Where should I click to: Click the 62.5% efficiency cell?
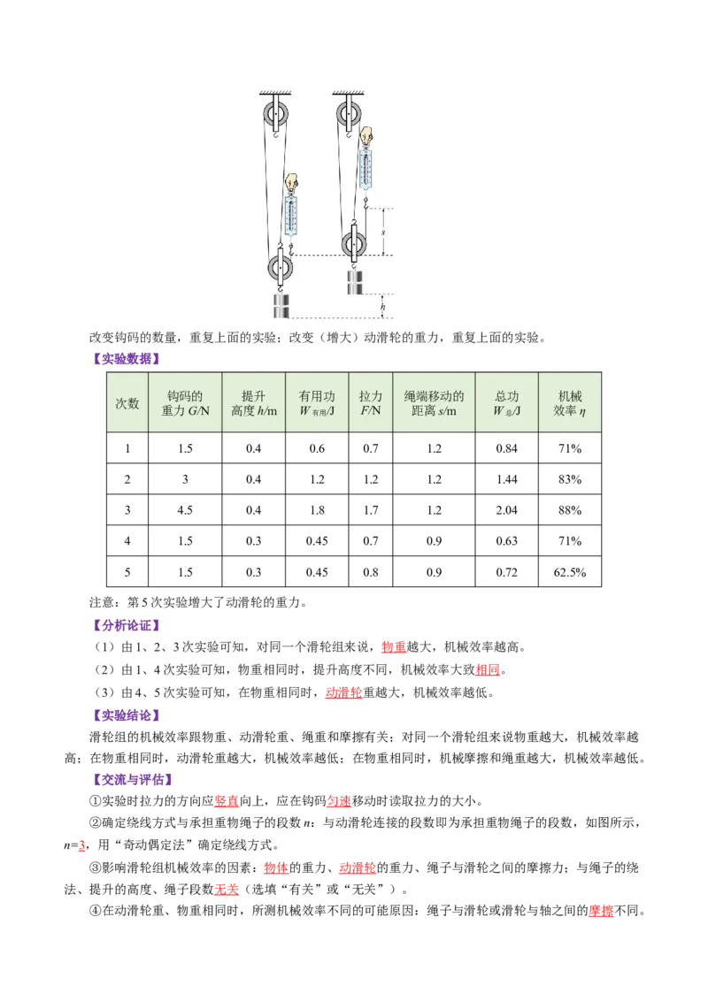pyautogui.click(x=569, y=572)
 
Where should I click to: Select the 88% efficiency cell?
pyautogui.click(x=569, y=510)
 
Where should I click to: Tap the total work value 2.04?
pyautogui.click(x=507, y=510)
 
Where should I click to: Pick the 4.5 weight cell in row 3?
pyautogui.click(x=185, y=510)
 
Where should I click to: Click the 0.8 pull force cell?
pyautogui.click(x=371, y=572)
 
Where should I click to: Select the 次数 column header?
pyautogui.click(x=127, y=403)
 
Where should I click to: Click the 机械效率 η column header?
pyautogui.click(x=569, y=403)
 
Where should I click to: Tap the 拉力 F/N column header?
pyautogui.click(x=371, y=403)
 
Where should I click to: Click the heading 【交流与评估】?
pyautogui.click(x=133, y=779)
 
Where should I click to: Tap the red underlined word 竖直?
pyautogui.click(x=227, y=801)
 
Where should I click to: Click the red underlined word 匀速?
pyautogui.click(x=339, y=801)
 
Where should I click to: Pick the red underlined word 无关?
pyautogui.click(x=227, y=890)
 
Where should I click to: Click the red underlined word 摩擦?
pyautogui.click(x=601, y=911)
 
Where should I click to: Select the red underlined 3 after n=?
pyautogui.click(x=81, y=845)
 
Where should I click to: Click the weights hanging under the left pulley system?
pyautogui.click(x=281, y=305)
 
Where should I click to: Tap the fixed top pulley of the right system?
pyautogui.click(x=349, y=115)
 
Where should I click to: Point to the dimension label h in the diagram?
pyautogui.click(x=382, y=307)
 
